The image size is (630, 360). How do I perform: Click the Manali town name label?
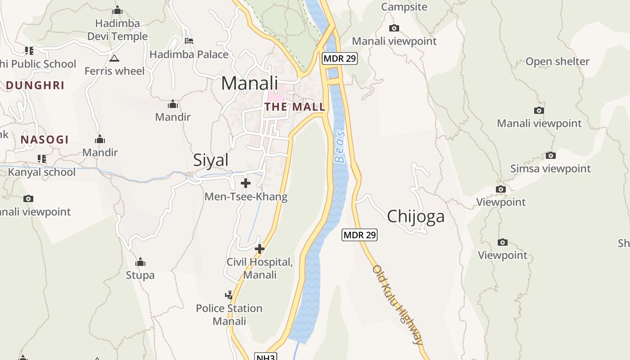(x=250, y=83)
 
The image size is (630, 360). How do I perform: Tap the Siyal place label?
(x=211, y=160)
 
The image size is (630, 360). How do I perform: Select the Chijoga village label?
(x=415, y=216)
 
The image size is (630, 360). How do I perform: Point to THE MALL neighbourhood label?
(x=295, y=107)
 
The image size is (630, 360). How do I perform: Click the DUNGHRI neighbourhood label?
(x=35, y=85)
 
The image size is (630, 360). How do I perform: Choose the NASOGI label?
(x=45, y=140)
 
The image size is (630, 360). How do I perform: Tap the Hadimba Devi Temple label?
(x=117, y=30)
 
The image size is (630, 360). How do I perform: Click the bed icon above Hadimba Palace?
(x=189, y=41)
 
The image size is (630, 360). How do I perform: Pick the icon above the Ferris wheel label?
(x=114, y=58)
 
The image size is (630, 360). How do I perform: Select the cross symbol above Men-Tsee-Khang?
(x=246, y=183)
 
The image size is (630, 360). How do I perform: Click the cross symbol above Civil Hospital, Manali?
(x=260, y=248)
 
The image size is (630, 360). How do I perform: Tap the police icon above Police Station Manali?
(x=229, y=295)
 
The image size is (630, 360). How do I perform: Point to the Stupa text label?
(x=140, y=275)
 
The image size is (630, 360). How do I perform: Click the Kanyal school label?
(x=42, y=172)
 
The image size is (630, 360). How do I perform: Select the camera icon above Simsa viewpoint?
(x=550, y=156)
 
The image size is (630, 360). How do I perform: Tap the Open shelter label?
(x=557, y=62)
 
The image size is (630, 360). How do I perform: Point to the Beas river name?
(x=340, y=147)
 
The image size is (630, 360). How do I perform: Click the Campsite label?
(x=404, y=7)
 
